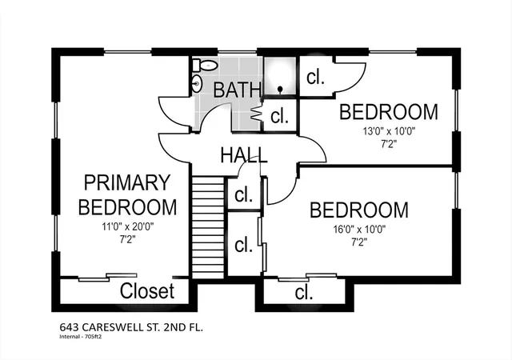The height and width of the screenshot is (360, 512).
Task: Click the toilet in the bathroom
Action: point(205,66)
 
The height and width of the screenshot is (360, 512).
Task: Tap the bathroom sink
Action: point(197,84)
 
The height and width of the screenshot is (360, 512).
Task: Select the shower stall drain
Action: point(280,89)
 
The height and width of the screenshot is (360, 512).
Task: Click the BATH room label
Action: point(238,90)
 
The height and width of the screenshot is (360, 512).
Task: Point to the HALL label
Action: point(244,155)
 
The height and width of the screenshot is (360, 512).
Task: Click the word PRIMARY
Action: point(127,182)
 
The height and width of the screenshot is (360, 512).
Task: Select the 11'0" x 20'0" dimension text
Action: point(128,226)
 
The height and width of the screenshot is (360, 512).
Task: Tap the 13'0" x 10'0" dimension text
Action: point(389,131)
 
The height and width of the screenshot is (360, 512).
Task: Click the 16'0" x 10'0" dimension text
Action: point(359,229)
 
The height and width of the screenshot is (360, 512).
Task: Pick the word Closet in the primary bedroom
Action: point(147,290)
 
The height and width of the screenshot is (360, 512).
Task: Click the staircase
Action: point(208,227)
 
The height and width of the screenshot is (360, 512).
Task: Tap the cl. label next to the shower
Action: point(315,77)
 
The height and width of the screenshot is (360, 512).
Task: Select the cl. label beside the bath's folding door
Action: point(279,116)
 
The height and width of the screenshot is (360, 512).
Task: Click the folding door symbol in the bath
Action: point(257,114)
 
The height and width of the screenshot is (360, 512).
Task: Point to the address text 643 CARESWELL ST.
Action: point(119,327)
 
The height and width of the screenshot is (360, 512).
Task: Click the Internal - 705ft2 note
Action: point(81,337)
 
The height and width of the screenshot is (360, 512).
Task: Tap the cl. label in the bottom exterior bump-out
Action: point(304,292)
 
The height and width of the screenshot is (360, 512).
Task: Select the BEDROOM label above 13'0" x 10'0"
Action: point(389,112)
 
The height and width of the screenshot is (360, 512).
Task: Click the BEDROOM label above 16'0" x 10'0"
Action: point(359,210)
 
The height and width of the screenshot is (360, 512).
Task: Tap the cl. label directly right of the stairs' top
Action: point(243,194)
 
